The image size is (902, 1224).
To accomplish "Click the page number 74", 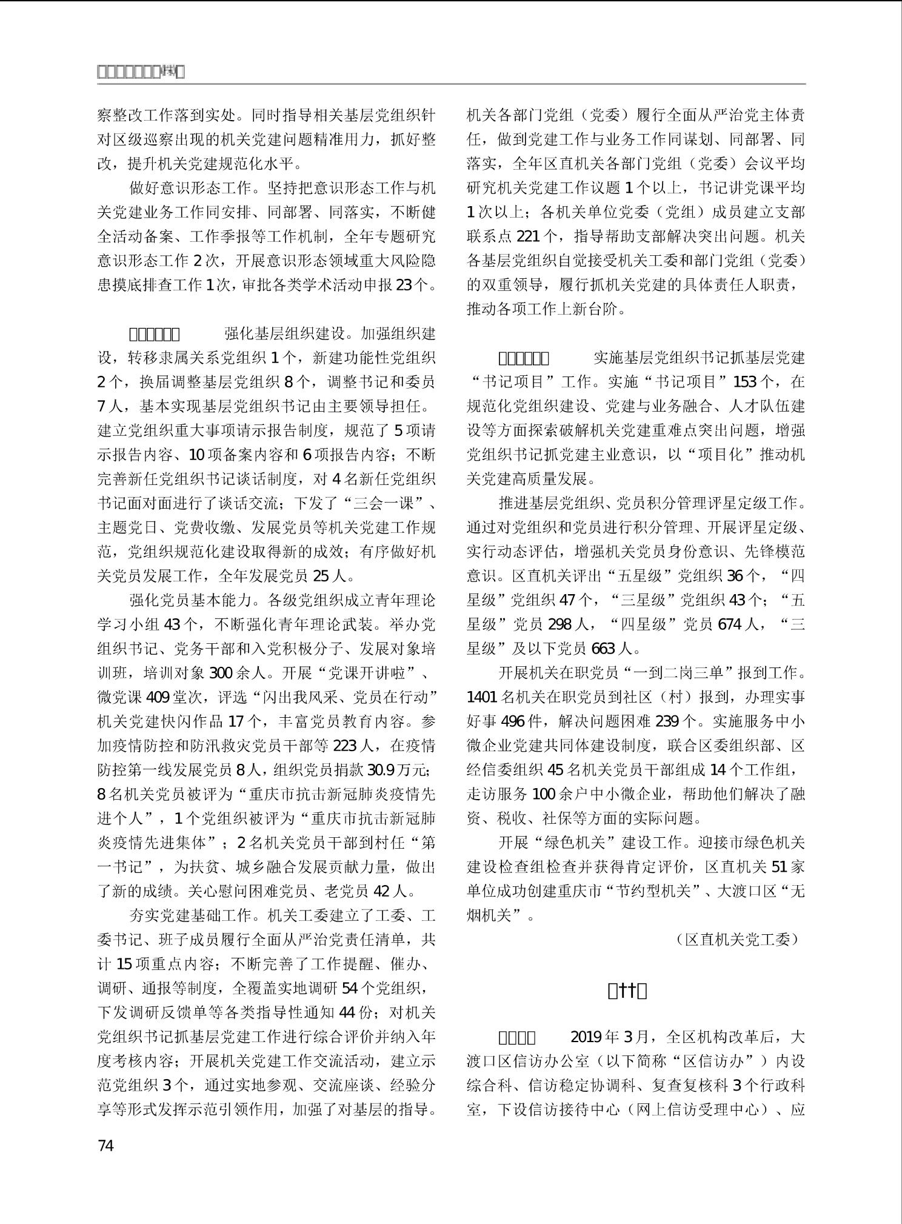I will [x=105, y=1146].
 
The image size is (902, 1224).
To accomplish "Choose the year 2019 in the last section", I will [x=587, y=1037].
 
